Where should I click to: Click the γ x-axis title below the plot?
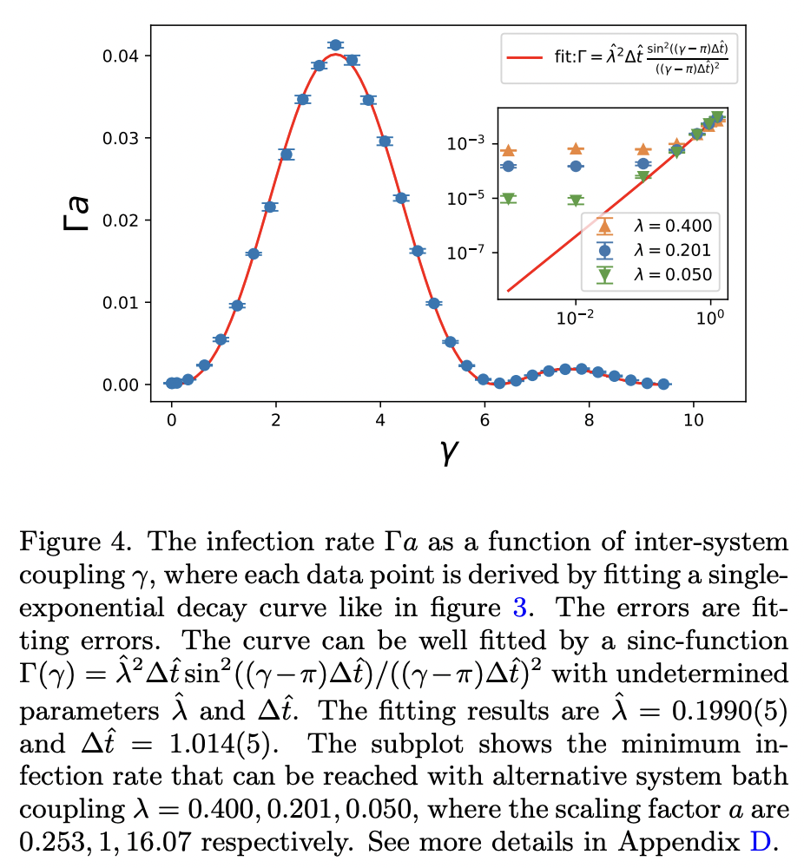click(x=449, y=451)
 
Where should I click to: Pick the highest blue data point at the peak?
click(x=336, y=45)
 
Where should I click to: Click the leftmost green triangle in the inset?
click(x=509, y=198)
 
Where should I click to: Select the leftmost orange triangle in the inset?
click(x=509, y=150)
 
